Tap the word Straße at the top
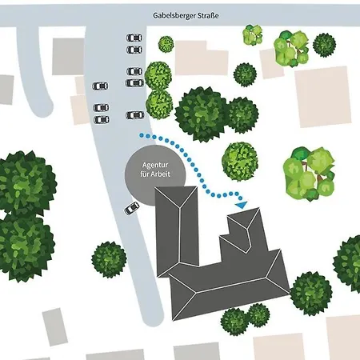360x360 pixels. coord(208,15)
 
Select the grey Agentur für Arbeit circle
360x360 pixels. coord(155,175)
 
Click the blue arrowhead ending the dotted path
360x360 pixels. coord(242,205)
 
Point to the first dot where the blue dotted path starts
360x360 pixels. coord(141,136)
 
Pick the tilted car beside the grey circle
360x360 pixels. coord(132,208)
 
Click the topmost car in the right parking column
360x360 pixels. coord(134,38)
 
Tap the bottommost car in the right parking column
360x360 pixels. coord(135,115)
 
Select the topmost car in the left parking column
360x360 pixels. coord(101,86)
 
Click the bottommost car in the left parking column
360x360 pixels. coord(102,120)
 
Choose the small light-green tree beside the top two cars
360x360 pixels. coord(166,44)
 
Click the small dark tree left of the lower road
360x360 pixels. coord(109,259)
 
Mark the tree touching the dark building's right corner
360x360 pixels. coord(311,294)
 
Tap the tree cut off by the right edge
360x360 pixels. coord(347,263)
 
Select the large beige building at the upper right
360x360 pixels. coord(323,97)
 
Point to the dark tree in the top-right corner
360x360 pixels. coord(324,45)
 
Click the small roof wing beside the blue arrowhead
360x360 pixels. coord(243,229)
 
